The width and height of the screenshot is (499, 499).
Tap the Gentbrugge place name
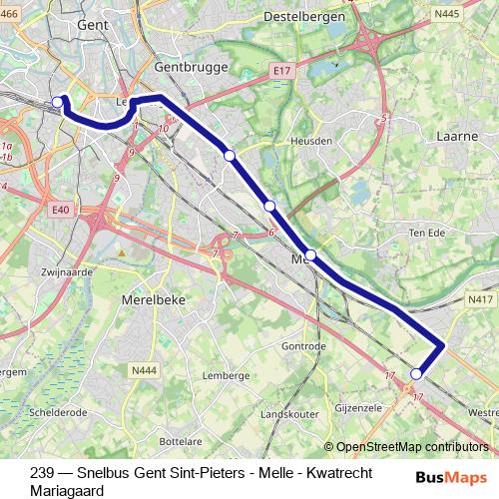coord(193,67)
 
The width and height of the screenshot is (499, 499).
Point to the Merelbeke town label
coord(154,298)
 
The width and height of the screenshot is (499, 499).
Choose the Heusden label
coord(310,142)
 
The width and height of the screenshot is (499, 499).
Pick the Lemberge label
coord(225,375)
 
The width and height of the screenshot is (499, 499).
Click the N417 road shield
coord(480,297)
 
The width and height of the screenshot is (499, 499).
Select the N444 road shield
coord(144,371)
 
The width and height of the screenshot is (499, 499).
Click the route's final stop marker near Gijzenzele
coord(417,374)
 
